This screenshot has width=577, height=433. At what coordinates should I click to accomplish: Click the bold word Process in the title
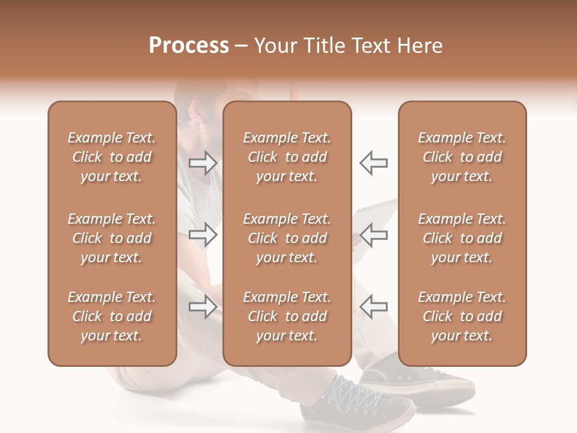pos(189,46)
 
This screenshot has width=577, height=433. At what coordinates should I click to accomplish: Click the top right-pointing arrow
pos(203,163)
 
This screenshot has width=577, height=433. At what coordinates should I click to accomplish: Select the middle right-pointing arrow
pos(203,235)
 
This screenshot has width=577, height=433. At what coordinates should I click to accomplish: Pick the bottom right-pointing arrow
pos(203,307)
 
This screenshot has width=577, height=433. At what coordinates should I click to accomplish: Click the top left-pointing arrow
pos(373,163)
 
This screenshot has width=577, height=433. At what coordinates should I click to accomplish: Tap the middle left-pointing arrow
pos(373,235)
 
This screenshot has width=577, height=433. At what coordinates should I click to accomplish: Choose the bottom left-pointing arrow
pos(373,307)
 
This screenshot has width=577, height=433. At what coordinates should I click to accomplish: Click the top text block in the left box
pos(112,157)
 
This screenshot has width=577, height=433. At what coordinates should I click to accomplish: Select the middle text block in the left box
pos(112,238)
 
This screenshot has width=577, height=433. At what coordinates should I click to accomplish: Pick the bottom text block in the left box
pos(112,316)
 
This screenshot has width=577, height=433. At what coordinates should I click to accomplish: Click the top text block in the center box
pos(287,157)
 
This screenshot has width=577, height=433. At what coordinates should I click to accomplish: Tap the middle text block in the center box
pos(287,238)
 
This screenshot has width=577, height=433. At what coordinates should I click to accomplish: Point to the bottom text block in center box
pos(287,316)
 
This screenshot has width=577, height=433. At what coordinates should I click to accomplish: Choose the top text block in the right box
pos(462,157)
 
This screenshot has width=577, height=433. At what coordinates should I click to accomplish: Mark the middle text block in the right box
pos(462,238)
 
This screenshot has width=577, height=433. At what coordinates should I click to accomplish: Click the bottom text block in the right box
pos(462,316)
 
